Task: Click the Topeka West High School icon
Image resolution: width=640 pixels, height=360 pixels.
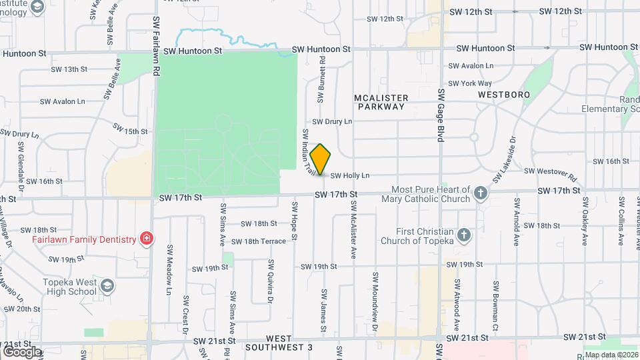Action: click(106, 287)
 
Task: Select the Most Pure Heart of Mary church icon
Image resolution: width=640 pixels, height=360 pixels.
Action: click(480, 194)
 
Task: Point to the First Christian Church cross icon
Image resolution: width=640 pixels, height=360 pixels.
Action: click(465, 235)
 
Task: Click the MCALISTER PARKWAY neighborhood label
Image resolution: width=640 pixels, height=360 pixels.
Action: click(381, 102)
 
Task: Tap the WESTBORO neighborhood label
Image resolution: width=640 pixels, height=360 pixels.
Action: click(504, 95)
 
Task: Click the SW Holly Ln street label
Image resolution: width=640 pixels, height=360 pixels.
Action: click(350, 176)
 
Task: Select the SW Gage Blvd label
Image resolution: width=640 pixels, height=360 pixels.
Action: click(441, 115)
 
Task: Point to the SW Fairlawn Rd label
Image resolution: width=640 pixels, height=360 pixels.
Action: click(155, 41)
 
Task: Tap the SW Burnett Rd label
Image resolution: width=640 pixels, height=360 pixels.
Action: click(321, 79)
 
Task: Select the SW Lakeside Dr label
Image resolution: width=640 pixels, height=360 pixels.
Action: click(505, 160)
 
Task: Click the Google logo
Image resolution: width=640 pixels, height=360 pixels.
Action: click(22, 351)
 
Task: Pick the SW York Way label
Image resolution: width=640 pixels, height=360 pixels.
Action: click(470, 83)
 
